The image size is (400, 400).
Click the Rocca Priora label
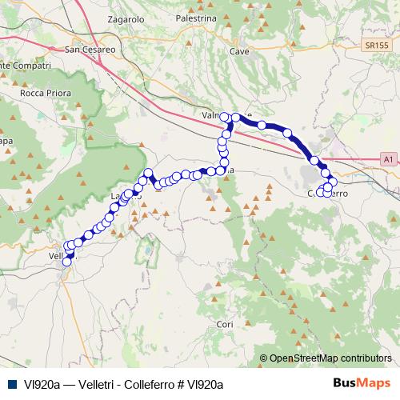pyautogui.click(x=41, y=92)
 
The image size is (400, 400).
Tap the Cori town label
pyautogui.click(x=224, y=324)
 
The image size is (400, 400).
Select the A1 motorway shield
pyautogui.click(x=387, y=160)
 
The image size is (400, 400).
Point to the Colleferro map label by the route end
pyautogui.click(x=326, y=194)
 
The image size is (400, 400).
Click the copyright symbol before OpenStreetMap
pyautogui.click(x=263, y=358)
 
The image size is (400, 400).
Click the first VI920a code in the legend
pyautogui.click(x=40, y=384)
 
